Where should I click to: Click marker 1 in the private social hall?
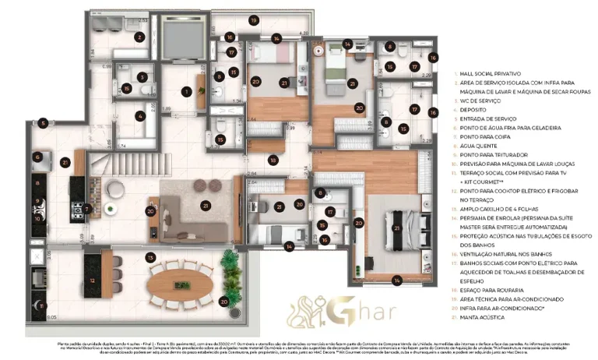[186, 91]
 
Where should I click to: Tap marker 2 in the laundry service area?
[140, 36]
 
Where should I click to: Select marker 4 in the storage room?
[140, 117]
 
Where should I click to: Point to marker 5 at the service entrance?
[44, 123]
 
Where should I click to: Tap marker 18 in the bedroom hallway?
[273, 160]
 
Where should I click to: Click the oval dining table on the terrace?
[174, 280]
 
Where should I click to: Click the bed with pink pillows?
[269, 55]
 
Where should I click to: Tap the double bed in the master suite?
[397, 226]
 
